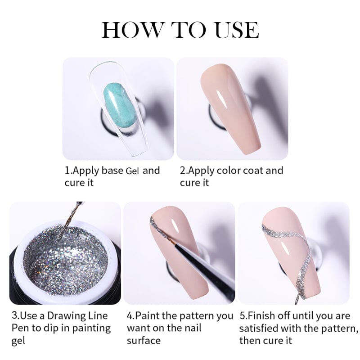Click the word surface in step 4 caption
(144, 340)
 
